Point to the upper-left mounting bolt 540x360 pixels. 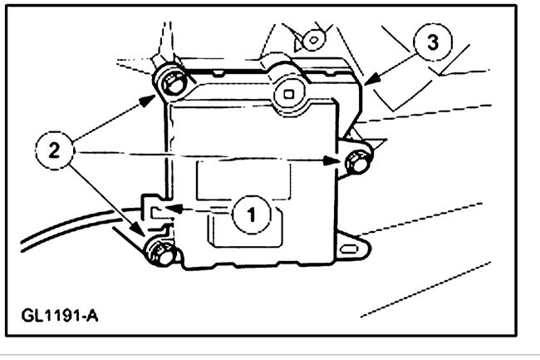tap(169, 81)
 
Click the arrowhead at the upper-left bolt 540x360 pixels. tap(152, 97)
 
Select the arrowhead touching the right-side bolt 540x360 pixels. tap(340, 164)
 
